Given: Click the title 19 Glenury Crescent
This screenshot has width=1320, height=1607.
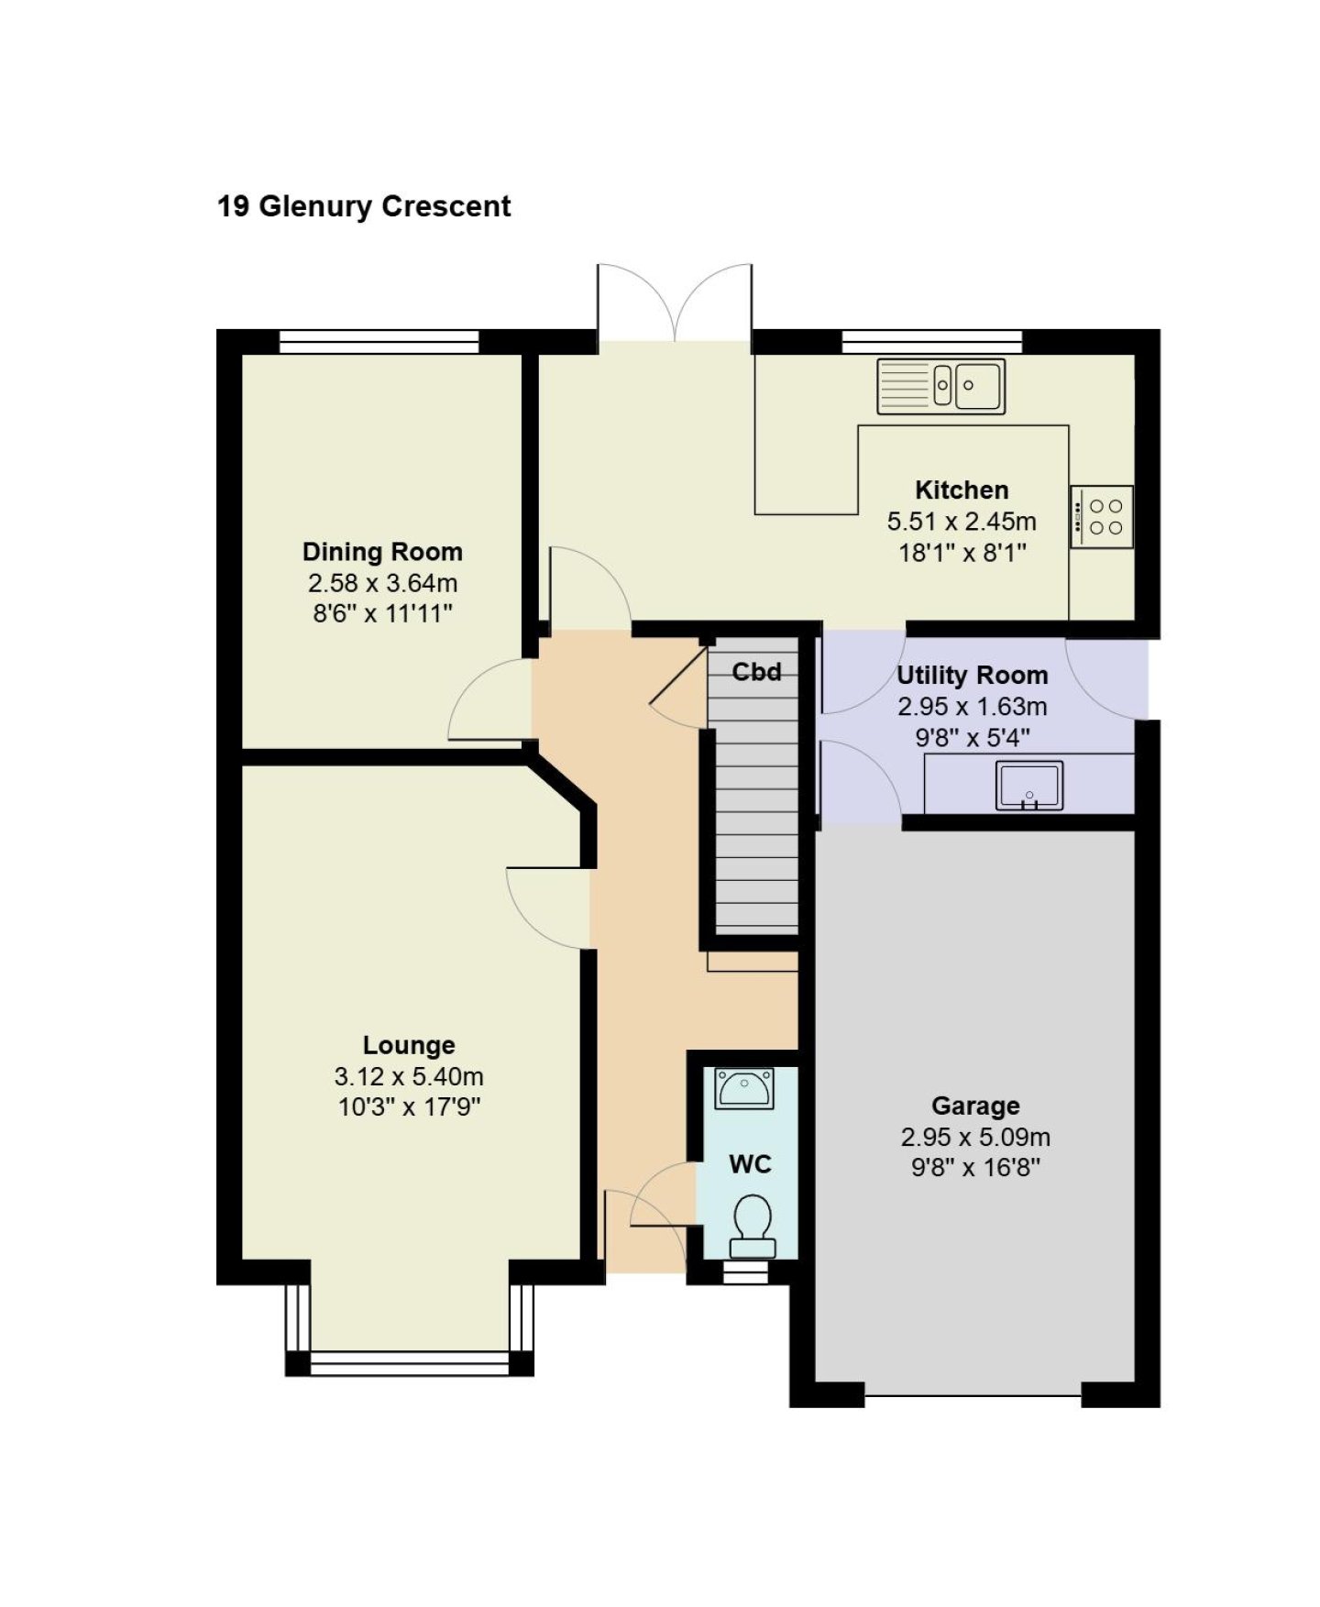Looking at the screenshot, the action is pos(364,206).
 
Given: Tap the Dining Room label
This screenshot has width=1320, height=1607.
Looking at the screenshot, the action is pos(382,552).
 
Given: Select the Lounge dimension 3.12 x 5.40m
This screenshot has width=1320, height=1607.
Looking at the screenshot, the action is pos(409,1076).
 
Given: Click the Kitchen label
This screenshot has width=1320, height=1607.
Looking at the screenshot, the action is pos(962,490).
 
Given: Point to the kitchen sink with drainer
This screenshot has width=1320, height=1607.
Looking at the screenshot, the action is pos(941,386).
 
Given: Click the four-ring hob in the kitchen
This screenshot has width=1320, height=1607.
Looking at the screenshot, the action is pos(1101,517).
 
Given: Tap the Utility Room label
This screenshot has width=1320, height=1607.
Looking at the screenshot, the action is pos(972,676).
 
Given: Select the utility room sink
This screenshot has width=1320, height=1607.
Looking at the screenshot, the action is pos(1029,786).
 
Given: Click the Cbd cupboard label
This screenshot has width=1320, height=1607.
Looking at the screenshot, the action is pos(756,672).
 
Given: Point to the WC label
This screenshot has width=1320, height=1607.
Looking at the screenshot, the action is pos(750,1164).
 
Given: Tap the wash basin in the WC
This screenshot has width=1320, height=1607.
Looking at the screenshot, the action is pos(743,1088).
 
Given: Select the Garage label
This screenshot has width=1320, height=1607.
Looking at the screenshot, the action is pos(975,1106).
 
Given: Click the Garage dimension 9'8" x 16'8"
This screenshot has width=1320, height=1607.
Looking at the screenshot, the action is pos(975,1168).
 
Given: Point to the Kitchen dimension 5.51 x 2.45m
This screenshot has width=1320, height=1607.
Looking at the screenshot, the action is pos(962,522).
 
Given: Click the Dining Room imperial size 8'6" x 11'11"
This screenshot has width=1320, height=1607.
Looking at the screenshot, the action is pos(382,613).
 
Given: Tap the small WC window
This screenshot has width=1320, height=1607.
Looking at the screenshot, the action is pos(744,1272).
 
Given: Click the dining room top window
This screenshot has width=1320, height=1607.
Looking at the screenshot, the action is pos(379,341).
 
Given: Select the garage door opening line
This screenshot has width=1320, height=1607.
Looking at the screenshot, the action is pos(973,1395).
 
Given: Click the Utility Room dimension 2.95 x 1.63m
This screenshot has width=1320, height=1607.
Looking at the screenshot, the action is pos(972,707).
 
